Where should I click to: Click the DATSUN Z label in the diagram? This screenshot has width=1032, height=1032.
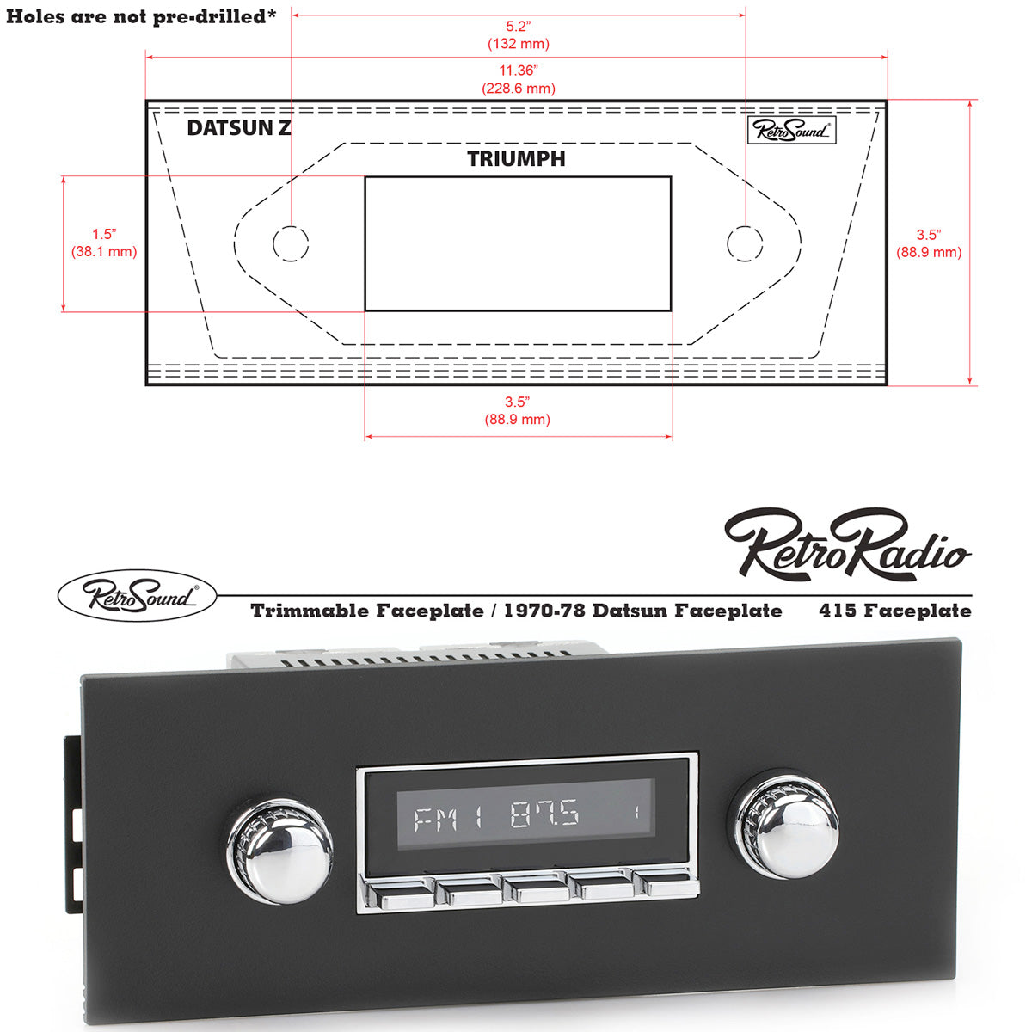[x=238, y=128]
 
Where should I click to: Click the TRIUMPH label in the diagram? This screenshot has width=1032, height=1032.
[x=516, y=159]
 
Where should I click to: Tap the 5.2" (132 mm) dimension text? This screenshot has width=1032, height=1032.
[x=518, y=35]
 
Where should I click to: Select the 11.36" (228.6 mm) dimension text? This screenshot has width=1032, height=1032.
[x=518, y=79]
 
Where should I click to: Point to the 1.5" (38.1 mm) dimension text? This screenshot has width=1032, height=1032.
[x=103, y=243]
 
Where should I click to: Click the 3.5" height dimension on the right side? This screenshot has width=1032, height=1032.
[x=929, y=243]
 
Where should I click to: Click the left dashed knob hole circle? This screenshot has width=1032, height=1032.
[x=291, y=243]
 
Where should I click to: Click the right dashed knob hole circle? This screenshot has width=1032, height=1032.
[x=744, y=243]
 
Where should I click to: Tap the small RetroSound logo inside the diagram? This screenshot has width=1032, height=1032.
[x=792, y=130]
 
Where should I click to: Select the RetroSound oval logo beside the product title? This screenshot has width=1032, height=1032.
[x=138, y=596]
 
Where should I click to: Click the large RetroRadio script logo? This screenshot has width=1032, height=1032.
[x=847, y=544]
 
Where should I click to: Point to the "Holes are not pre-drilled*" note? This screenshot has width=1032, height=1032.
[x=142, y=16]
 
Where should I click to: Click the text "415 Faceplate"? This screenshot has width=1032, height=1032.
[x=895, y=611]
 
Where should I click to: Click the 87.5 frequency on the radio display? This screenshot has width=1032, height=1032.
[x=544, y=815]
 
